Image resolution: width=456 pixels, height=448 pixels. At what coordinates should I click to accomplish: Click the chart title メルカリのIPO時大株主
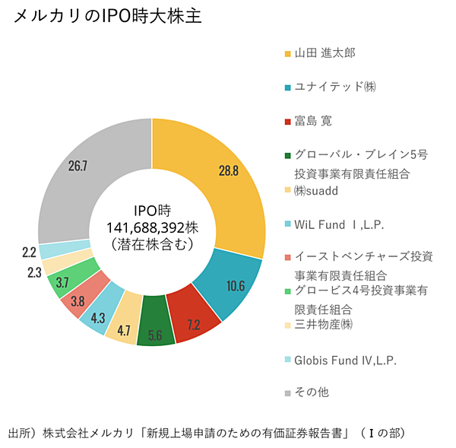point(107,17)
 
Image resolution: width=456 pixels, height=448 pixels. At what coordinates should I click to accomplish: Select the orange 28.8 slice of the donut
point(228,170)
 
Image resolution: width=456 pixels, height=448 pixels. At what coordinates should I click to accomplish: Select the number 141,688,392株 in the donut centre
point(153,227)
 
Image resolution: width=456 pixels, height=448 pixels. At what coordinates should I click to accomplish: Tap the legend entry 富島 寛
point(313,121)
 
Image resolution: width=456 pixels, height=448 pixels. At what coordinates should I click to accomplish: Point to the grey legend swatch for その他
point(287,393)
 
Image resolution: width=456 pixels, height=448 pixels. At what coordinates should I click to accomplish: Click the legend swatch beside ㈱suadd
point(287,190)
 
